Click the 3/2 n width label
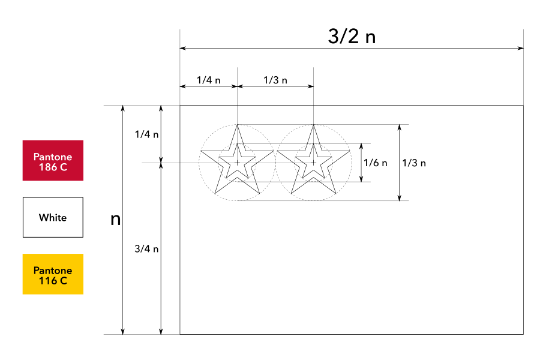click(x=352, y=37)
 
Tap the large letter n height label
click(x=116, y=220)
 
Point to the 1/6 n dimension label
click(x=376, y=163)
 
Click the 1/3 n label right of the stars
click(x=414, y=163)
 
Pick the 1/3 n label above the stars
click(x=275, y=80)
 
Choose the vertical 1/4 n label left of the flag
click(x=146, y=134)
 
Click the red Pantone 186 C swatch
click(x=53, y=160)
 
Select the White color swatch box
click(x=53, y=217)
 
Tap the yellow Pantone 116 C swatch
click(x=53, y=274)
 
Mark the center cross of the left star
click(x=238, y=163)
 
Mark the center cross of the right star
click(x=313, y=163)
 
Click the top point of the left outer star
click(x=238, y=125)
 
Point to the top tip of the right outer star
click(x=313, y=125)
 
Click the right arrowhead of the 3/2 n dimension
click(x=521, y=48)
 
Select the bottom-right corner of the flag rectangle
click(x=524, y=334)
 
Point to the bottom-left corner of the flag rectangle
click(x=180, y=334)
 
